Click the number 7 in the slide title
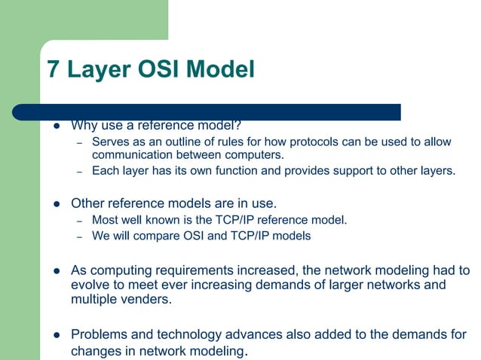pyautogui.click(x=54, y=70)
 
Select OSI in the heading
pyautogui.click(x=161, y=70)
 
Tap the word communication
pyautogui.click(x=130, y=155)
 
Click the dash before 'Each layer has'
pyautogui.click(x=79, y=171)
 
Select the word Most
pyautogui.click(x=105, y=221)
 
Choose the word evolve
pyautogui.click(x=90, y=285)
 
